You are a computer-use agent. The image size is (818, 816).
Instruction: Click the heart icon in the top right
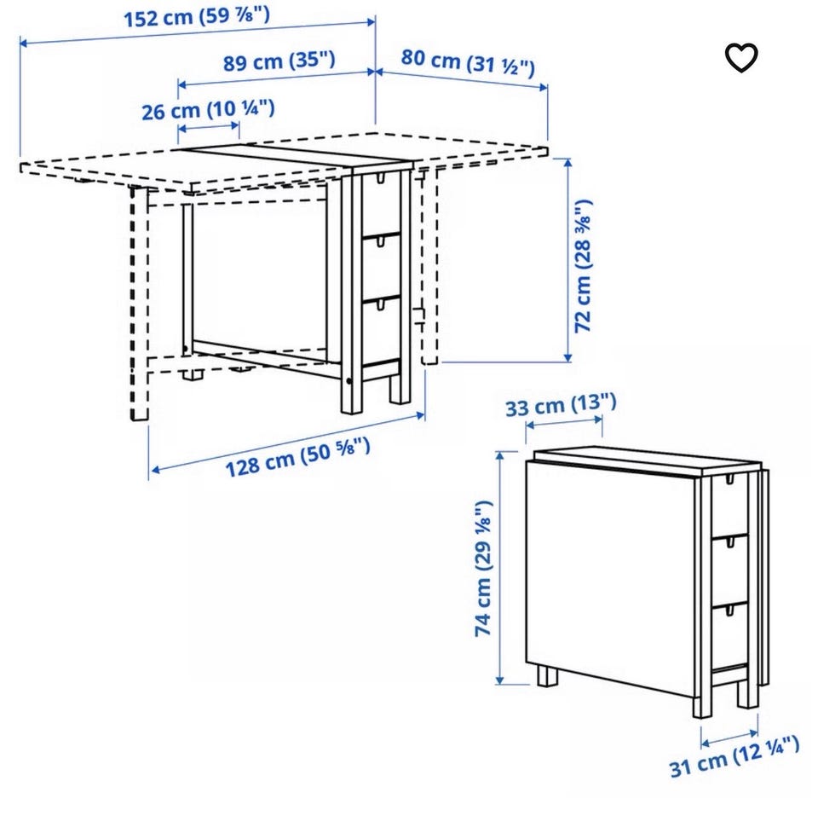(x=741, y=57)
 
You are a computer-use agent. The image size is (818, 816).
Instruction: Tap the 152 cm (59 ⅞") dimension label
(x=197, y=17)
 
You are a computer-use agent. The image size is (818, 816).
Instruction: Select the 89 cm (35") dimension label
(x=279, y=61)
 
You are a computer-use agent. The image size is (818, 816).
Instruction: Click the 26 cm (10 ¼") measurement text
(x=208, y=110)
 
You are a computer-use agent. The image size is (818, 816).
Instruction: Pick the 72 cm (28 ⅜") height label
(x=583, y=266)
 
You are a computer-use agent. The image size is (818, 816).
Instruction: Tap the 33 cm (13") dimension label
(x=561, y=405)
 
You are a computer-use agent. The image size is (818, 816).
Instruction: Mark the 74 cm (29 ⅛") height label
(x=483, y=568)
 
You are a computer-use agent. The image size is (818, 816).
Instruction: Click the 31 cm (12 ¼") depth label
(x=734, y=756)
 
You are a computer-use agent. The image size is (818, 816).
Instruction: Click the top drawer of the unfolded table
(x=381, y=204)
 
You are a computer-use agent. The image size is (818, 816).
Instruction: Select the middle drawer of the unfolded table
(x=382, y=267)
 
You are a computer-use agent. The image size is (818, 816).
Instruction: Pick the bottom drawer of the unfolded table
(x=382, y=330)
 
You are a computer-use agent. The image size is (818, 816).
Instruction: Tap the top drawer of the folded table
(x=729, y=506)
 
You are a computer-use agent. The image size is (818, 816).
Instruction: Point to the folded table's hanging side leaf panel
(x=610, y=577)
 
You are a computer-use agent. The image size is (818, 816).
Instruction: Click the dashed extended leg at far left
(x=139, y=304)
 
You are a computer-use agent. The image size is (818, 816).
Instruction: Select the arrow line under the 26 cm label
(x=209, y=126)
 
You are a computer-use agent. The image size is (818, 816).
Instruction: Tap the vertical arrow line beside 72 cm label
(x=568, y=260)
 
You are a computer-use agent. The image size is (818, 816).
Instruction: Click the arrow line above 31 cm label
(x=730, y=737)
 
